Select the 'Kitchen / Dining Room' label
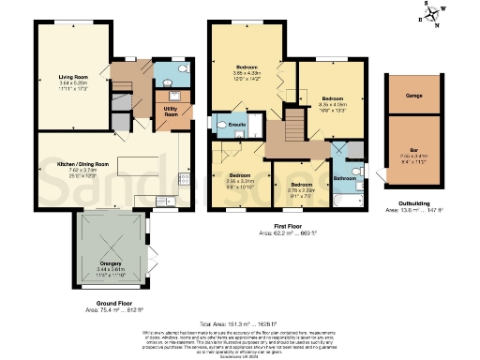pos(70,164)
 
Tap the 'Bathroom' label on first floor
pos(345,177)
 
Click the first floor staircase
pos(296,122)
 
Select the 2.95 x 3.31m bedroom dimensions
pos(238,182)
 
